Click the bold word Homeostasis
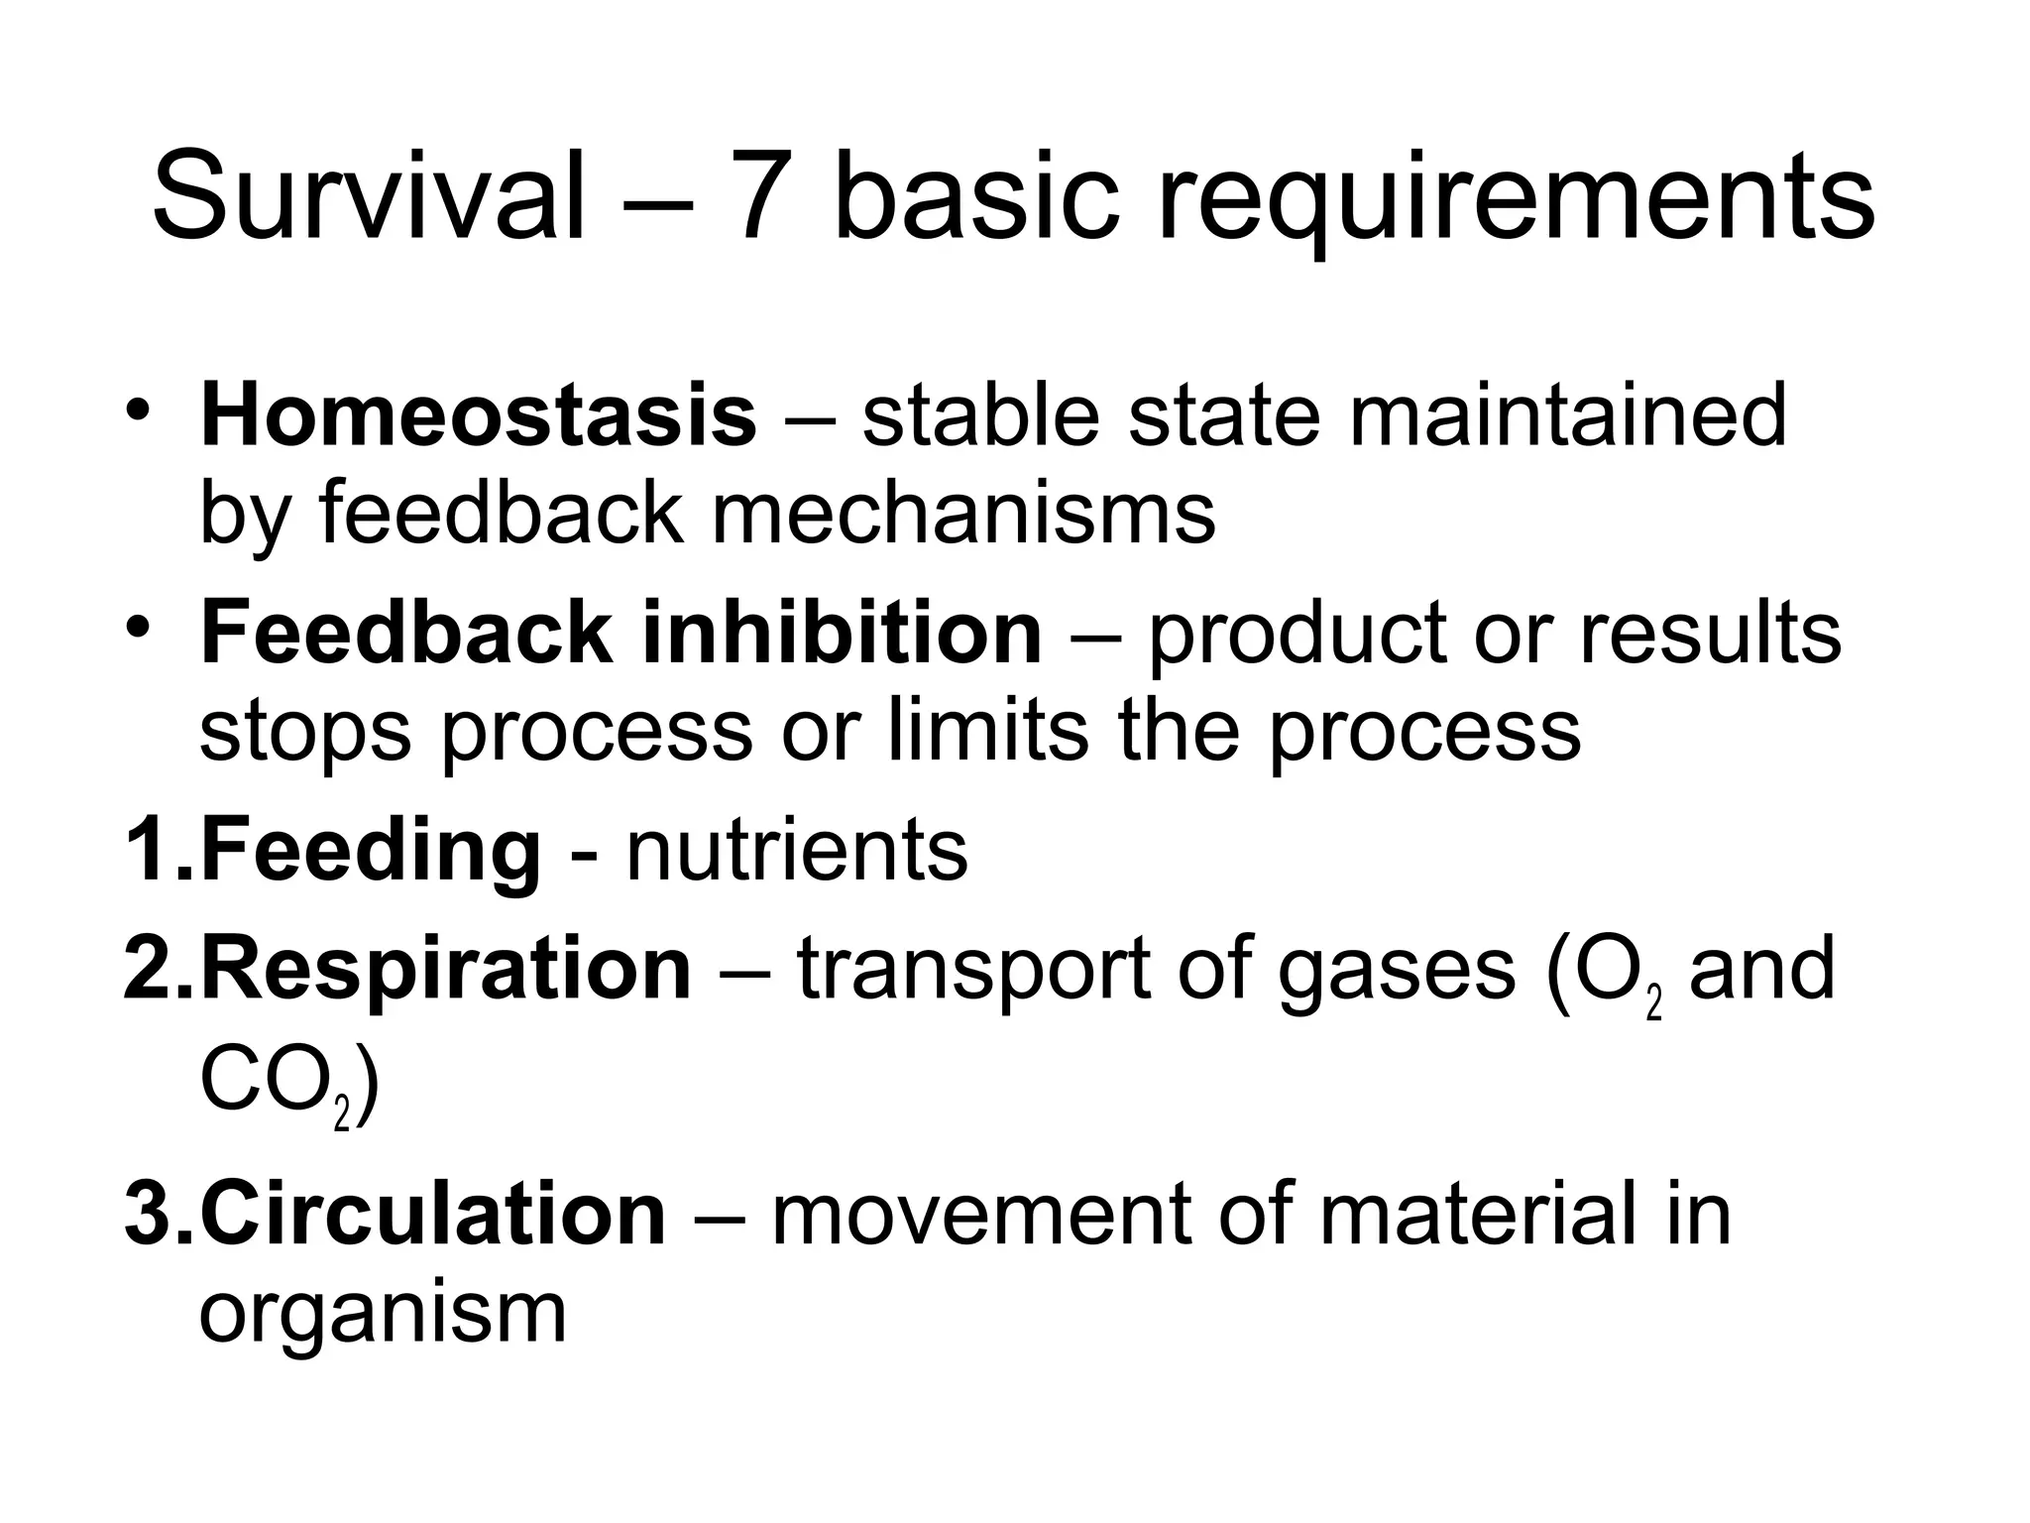[479, 415]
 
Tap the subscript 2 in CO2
[343, 1116]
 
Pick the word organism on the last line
[383, 1314]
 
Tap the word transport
[972, 972]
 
